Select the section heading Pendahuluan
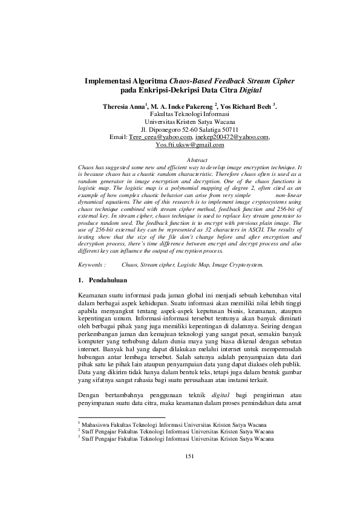click(x=108, y=280)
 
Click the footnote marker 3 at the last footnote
click(x=81, y=438)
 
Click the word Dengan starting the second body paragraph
click(x=92, y=395)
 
